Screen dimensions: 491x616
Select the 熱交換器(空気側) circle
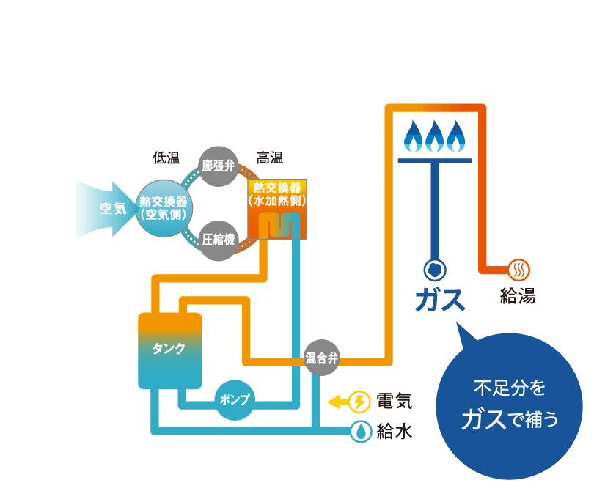pos(164,208)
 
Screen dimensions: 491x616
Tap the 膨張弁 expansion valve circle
pos(219,166)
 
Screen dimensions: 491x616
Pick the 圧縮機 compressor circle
pos(219,240)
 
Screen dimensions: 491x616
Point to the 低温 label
pos(166,158)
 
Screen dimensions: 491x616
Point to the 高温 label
pos(269,158)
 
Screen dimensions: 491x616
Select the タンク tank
pos(169,350)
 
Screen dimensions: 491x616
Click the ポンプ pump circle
pos(235,400)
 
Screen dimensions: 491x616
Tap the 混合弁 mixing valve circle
pos(322,358)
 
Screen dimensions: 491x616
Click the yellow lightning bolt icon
pos(359,402)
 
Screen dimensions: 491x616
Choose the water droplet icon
pos(360,432)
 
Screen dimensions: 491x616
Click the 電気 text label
pos(395,402)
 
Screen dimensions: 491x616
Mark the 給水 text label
pos(395,432)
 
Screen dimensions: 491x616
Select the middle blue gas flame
pos(434,136)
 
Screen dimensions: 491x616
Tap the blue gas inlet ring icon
pos(435,270)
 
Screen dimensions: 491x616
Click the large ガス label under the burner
pos(440,300)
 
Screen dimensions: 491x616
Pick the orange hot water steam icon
pos(518,270)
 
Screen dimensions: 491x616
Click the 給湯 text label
pos(518,296)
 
